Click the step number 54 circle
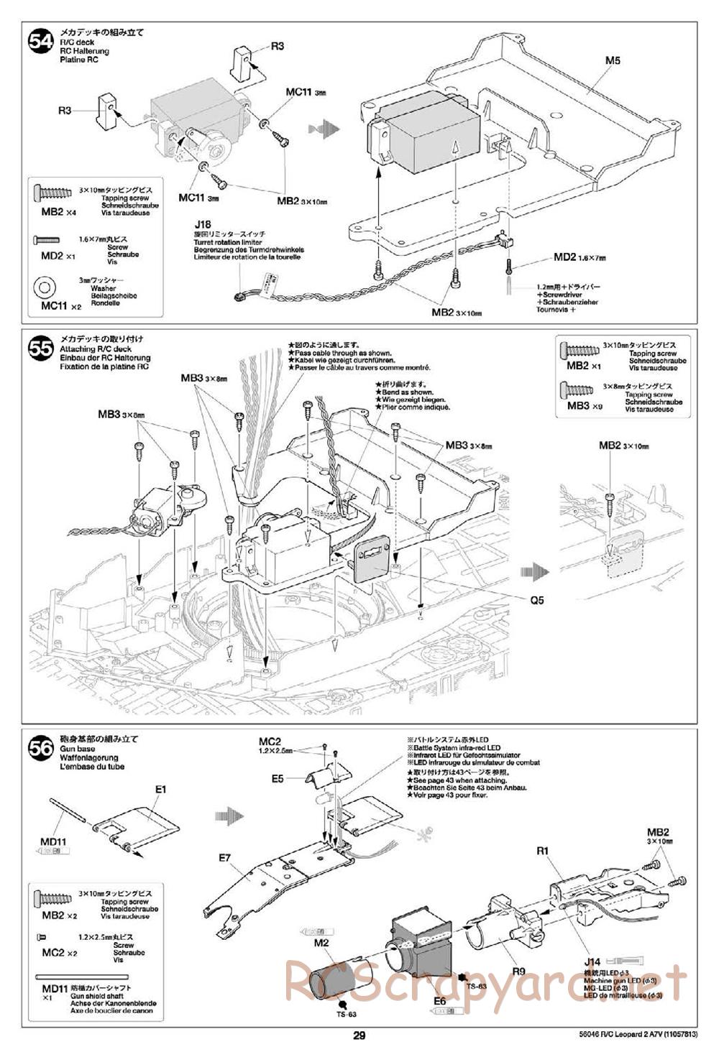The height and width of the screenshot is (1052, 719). pos(40,42)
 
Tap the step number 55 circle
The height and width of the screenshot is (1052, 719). pos(40,349)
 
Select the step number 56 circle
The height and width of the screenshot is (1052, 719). pos(40,749)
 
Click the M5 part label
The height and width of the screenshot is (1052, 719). pos(612,60)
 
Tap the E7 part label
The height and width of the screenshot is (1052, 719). pos(225,857)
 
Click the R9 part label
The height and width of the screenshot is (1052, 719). pos(518,972)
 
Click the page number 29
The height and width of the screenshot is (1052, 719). pos(359,1035)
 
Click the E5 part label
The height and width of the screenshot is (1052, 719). pos(278,778)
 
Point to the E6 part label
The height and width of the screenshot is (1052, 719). pos(440,999)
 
